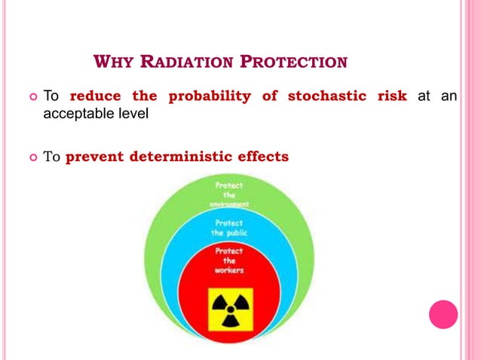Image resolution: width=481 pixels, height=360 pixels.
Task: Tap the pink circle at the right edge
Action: [x=443, y=314]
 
